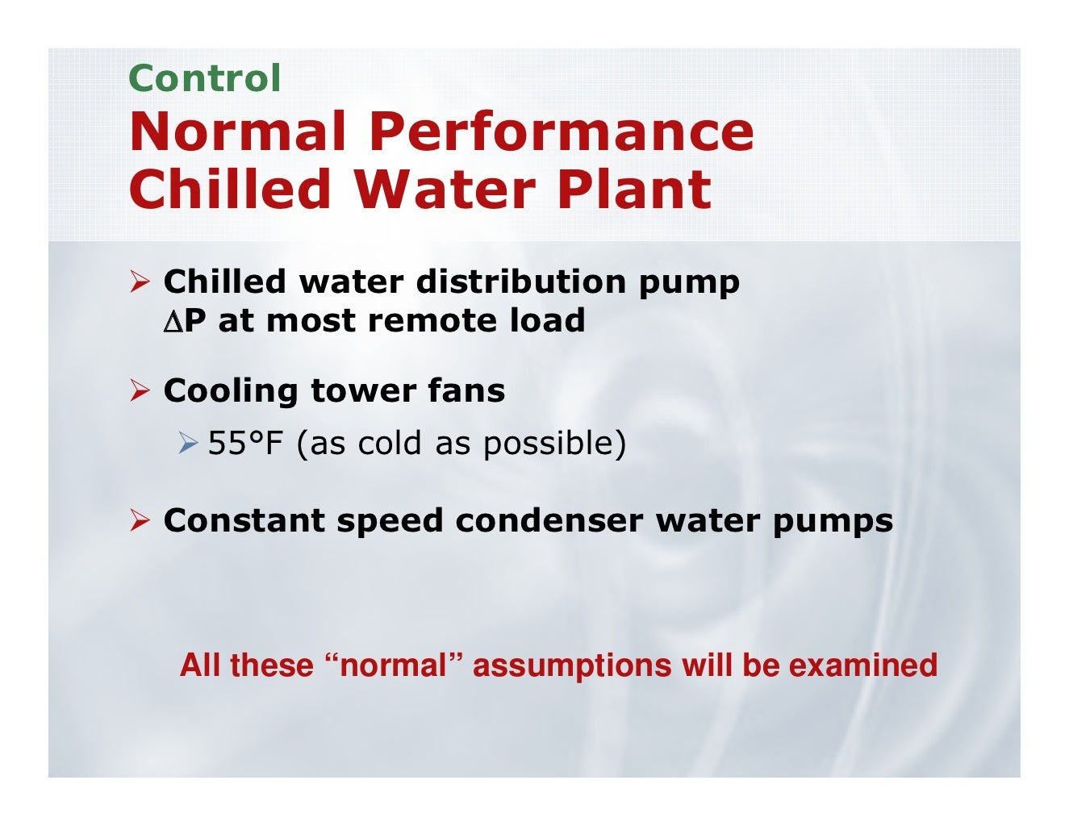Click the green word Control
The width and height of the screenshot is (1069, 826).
pos(204,78)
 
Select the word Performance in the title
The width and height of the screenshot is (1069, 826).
pos(562,131)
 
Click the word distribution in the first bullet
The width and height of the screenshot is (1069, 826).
pos(520,282)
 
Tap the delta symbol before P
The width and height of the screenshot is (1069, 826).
pos(173,322)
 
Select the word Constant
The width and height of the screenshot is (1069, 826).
pos(244,521)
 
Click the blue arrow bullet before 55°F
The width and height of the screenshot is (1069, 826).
pos(189,443)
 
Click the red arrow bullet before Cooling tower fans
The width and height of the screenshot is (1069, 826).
pos(140,391)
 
